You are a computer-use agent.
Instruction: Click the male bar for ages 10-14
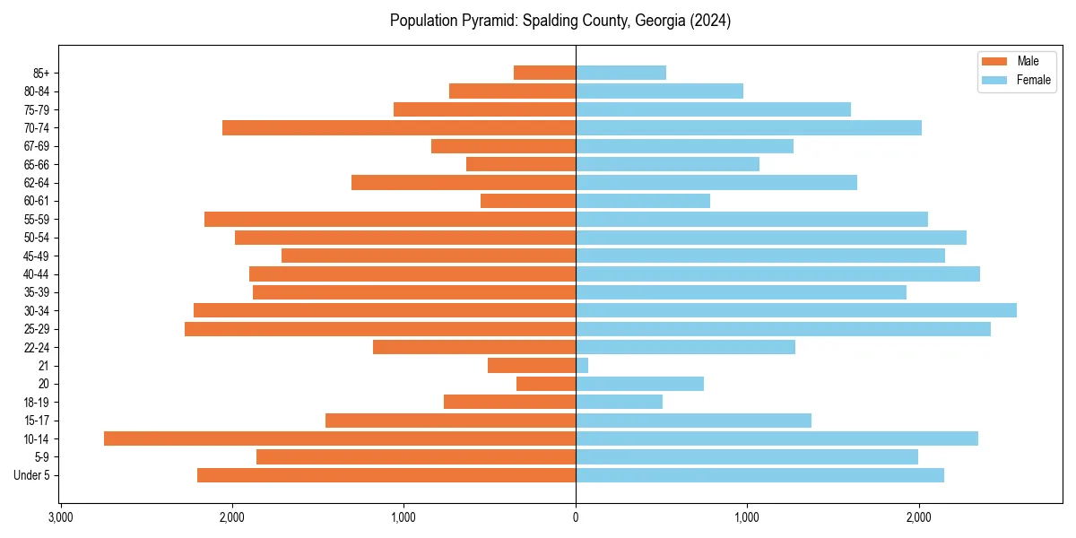pos(340,438)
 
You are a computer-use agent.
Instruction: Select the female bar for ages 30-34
pos(796,310)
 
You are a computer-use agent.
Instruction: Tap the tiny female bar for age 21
pos(582,366)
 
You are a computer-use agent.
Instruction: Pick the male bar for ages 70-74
pos(399,128)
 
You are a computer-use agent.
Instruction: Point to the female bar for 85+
pos(620,73)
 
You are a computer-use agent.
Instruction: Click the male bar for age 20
pos(546,384)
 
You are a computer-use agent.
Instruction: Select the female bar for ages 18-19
pos(619,402)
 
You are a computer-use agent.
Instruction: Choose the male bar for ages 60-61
pos(528,201)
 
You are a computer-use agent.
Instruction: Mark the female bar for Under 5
pos(759,475)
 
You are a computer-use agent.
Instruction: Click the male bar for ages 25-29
pos(380,329)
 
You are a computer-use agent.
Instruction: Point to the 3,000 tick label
pos(60,517)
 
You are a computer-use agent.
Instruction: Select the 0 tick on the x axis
pos(576,517)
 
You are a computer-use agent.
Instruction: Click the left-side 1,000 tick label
pos(403,517)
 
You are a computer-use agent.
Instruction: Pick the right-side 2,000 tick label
pos(918,517)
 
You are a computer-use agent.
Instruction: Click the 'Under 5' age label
pos(32,475)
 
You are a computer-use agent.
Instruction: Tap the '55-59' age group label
pos(37,220)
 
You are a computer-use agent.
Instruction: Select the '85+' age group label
pos(41,73)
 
